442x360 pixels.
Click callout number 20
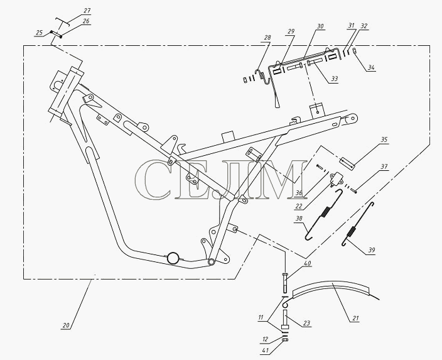[65, 325]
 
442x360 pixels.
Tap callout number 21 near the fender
[355, 319]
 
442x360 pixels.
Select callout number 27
[87, 11]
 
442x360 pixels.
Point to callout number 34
[371, 67]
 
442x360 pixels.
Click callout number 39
[372, 250]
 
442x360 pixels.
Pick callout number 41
[265, 351]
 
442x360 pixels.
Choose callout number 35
[384, 139]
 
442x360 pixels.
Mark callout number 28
[267, 37]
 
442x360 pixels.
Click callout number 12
[265, 339]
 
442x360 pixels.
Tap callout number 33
[334, 79]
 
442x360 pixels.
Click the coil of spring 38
[325, 212]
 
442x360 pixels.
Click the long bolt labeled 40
[284, 283]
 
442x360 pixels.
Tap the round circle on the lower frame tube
[173, 258]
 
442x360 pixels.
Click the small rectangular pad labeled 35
[347, 163]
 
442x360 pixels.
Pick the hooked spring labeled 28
[262, 76]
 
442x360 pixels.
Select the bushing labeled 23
[285, 320]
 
